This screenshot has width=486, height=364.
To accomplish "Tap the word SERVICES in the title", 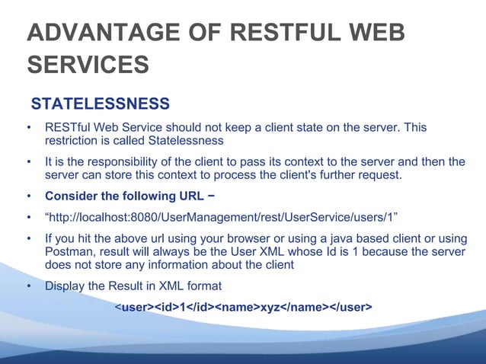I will coord(88,65).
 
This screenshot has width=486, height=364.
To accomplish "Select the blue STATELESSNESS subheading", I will coord(99,103).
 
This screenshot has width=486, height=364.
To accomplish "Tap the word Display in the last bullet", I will coord(65,286).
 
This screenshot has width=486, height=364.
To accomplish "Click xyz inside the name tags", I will coord(270,307).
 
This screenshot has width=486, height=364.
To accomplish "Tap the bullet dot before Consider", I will coord(29,197).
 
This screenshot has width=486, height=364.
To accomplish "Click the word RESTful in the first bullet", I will coord(69,127).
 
